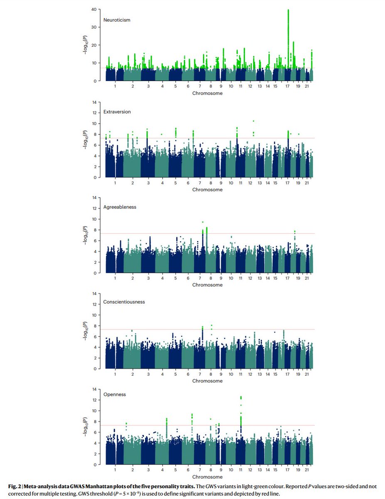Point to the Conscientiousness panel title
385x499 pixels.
[123, 301]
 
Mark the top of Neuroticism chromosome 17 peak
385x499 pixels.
[288, 10]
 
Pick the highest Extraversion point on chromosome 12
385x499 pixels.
[253, 121]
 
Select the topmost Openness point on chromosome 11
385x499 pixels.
[241, 397]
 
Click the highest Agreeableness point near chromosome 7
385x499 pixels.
[202, 222]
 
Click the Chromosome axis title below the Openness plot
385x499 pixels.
[207, 477]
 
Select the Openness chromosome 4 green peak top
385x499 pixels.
[167, 419]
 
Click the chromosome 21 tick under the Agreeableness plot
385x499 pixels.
[306, 278]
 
